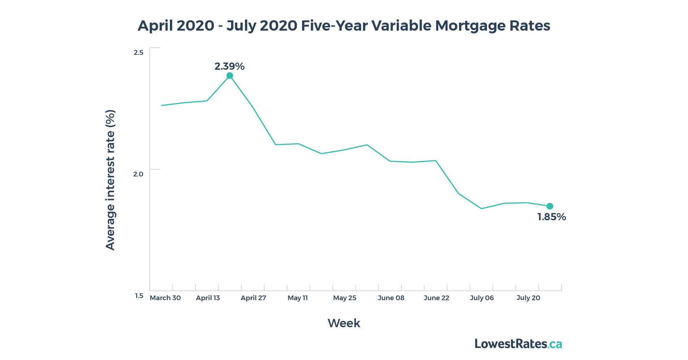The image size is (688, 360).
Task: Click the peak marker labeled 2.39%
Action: tap(229, 75)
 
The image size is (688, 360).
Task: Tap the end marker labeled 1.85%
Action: tap(550, 206)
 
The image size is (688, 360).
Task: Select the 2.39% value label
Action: tap(229, 66)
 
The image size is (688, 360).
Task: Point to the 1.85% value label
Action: tap(551, 217)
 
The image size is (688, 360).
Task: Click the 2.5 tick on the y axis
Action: tap(138, 53)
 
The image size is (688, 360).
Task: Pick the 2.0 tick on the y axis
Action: tap(138, 174)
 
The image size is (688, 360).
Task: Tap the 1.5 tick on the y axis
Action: tap(139, 296)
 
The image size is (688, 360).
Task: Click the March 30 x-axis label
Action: tap(165, 298)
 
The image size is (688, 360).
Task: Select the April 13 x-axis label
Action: tap(208, 298)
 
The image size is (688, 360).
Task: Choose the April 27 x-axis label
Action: tap(253, 298)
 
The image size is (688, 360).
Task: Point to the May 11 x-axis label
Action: tap(298, 298)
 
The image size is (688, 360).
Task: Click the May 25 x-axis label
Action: tap(344, 298)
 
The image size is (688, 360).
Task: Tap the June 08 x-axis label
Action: tap(391, 298)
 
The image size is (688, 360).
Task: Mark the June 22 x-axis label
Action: tap(437, 298)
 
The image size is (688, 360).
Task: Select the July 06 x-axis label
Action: tap(482, 298)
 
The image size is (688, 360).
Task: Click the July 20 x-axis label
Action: tap(528, 298)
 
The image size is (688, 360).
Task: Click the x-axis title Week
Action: tap(344, 323)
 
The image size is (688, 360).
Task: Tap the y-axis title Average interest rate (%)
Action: tap(110, 180)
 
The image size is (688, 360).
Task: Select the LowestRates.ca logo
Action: tap(518, 344)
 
